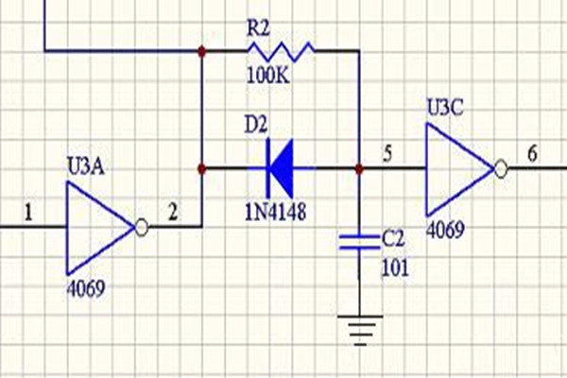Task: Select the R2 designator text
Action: pyautogui.click(x=259, y=26)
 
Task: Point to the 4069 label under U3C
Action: pyautogui.click(x=444, y=230)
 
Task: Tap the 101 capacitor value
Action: pyautogui.click(x=395, y=268)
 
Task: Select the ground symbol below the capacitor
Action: pyautogui.click(x=360, y=331)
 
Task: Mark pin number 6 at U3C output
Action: pyautogui.click(x=533, y=155)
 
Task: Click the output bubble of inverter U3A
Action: pyautogui.click(x=141, y=227)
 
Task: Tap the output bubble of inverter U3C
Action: pyautogui.click(x=501, y=170)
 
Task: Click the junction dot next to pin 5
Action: pyautogui.click(x=360, y=170)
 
